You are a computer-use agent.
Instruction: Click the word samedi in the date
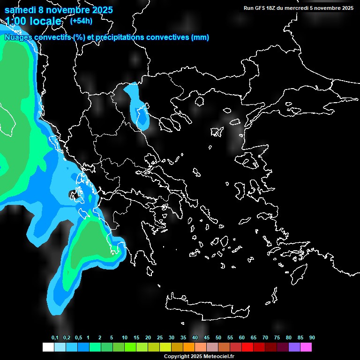pos(21,10)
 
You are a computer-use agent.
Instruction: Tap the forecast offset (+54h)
pos(81,21)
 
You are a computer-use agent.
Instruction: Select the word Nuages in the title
pos(18,37)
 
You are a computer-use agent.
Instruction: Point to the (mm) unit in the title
pos(200,37)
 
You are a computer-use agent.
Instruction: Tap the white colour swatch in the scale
pos(48,347)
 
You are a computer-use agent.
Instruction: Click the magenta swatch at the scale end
pos(306,347)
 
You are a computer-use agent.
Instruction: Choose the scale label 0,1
pos(55,338)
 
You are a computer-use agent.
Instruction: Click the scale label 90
pos(312,338)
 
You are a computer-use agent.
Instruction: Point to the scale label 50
pos(218,338)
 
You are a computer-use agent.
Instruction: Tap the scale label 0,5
pos(78,338)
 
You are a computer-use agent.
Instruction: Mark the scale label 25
pos(160,338)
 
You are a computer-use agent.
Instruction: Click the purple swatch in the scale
pos(294,347)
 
